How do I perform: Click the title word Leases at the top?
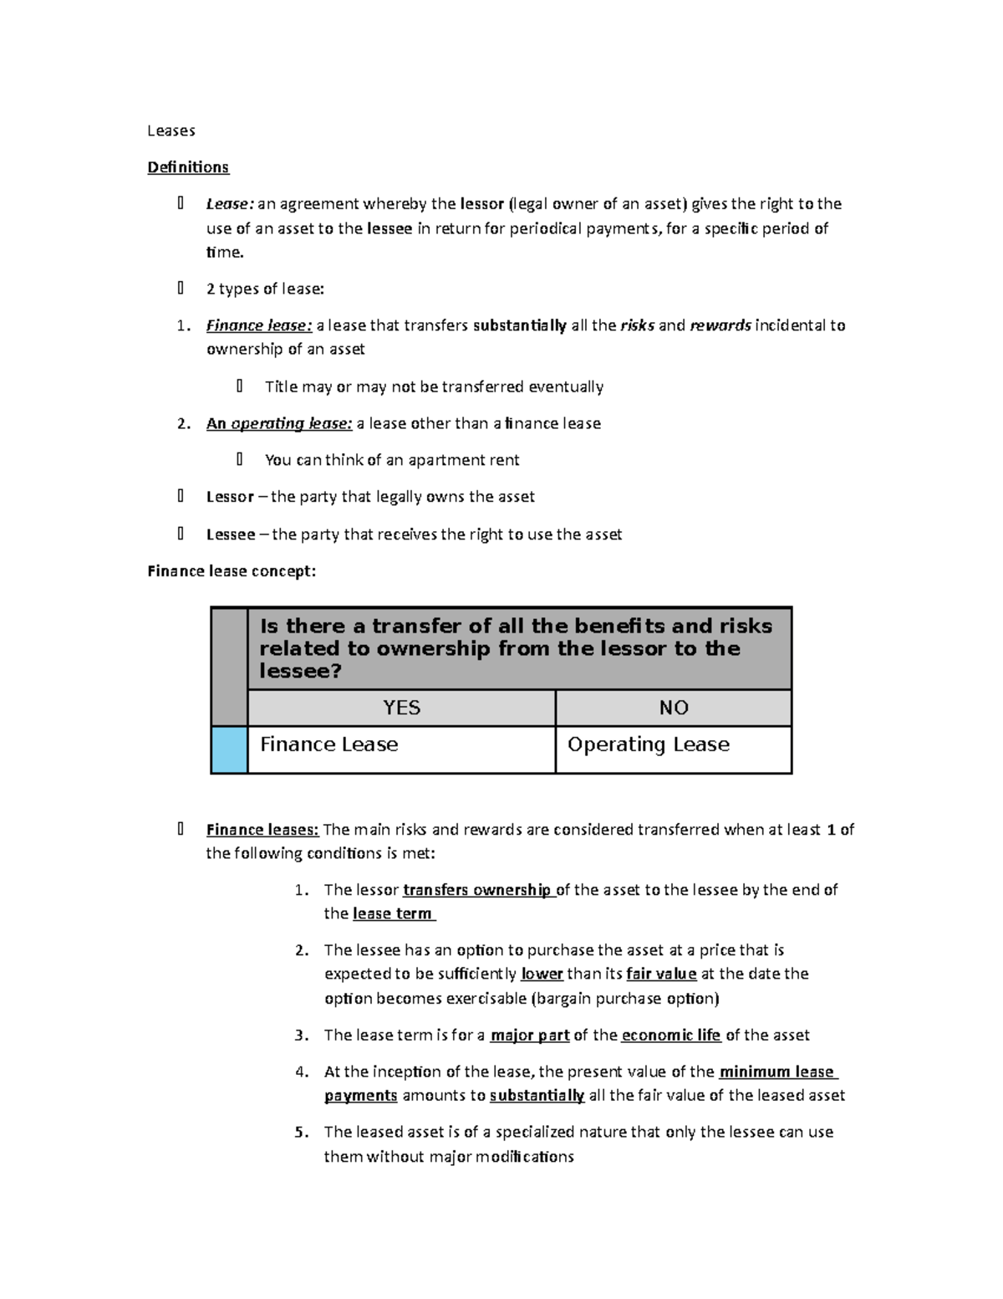[171, 130]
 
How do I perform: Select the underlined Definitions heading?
[188, 167]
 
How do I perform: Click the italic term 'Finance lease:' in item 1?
[259, 325]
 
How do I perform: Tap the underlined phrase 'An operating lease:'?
[279, 423]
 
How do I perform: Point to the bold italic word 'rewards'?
[720, 325]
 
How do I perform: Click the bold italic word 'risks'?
[637, 325]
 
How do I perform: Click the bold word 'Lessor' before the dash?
[230, 497]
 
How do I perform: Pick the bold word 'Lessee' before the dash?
[231, 534]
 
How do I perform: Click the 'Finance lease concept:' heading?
[232, 571]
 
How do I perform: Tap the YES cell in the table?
[401, 708]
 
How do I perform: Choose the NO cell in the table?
[674, 708]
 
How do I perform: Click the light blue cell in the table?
[229, 749]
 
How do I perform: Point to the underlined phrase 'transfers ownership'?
[477, 890]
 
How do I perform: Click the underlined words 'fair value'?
[661, 974]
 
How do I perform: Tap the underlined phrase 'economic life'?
[670, 1036]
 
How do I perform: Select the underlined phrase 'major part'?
[530, 1036]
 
